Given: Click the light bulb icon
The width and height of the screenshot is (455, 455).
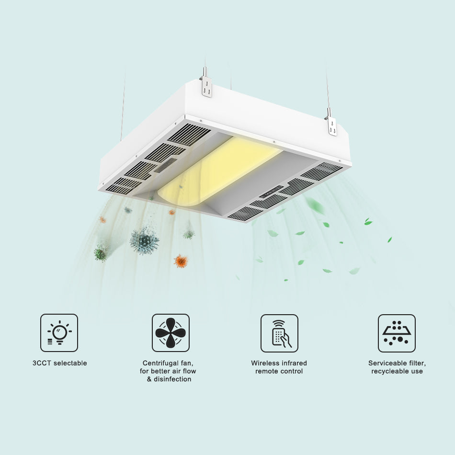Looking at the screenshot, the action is (x=59, y=332).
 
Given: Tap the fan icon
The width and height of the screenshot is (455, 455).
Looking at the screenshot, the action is (x=171, y=332).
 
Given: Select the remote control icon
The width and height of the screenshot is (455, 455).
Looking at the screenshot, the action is (x=279, y=333).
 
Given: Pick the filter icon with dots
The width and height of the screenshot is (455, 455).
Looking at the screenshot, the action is (x=397, y=333).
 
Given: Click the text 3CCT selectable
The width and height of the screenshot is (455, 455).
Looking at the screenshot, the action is (x=60, y=363).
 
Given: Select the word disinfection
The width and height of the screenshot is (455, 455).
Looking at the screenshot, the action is (x=172, y=379).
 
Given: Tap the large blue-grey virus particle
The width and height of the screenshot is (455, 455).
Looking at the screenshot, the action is (x=144, y=240).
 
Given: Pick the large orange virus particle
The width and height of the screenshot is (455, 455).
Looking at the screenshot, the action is (x=181, y=261).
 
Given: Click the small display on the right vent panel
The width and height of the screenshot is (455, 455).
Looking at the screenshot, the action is (x=271, y=192).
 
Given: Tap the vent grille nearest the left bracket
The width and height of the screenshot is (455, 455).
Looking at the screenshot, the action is (x=189, y=135).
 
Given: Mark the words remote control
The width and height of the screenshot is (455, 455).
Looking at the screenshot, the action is (x=279, y=371).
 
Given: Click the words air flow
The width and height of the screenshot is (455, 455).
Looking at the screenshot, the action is (x=182, y=371).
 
